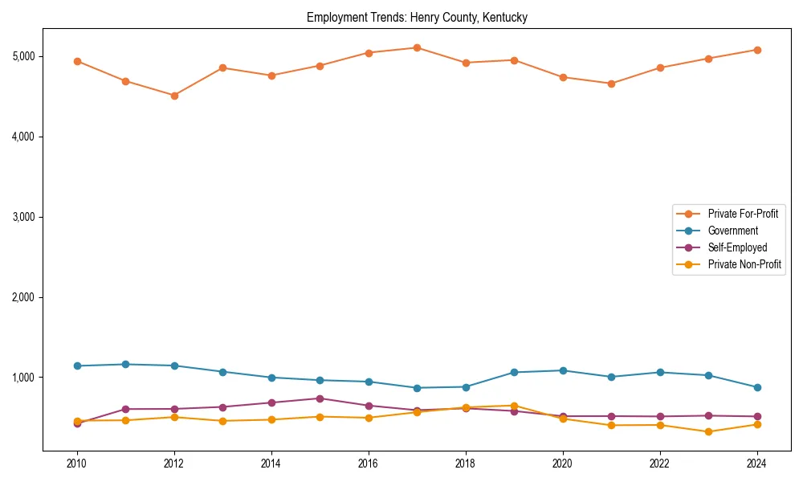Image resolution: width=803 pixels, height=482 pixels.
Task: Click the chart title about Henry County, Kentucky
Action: coord(417,18)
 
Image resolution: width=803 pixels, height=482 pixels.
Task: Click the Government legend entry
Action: coord(732,231)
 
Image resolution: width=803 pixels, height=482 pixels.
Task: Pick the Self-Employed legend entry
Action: coord(737,247)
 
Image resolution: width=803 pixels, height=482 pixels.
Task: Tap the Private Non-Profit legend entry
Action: coord(744,264)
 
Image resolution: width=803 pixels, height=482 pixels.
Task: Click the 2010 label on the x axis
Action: coord(77,464)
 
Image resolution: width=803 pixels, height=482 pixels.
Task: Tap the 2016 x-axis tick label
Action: coord(369,464)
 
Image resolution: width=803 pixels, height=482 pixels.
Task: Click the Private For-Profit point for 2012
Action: coord(174,96)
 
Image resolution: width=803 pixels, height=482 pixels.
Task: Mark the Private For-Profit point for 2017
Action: coord(417,48)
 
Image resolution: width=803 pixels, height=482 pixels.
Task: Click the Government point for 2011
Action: coord(125,365)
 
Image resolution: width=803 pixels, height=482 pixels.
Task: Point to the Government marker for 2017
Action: coord(417,388)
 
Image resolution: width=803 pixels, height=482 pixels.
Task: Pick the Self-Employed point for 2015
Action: coord(320,398)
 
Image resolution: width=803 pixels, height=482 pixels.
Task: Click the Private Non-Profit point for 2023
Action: coord(708,431)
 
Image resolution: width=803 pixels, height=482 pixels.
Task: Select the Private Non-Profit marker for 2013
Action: coord(222,421)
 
